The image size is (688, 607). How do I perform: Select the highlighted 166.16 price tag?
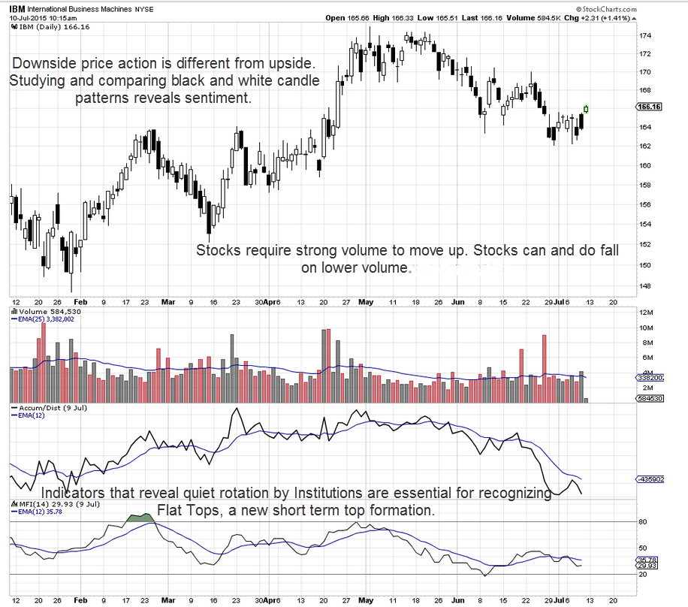click(648, 107)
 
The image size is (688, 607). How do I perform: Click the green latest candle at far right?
click(586, 110)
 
